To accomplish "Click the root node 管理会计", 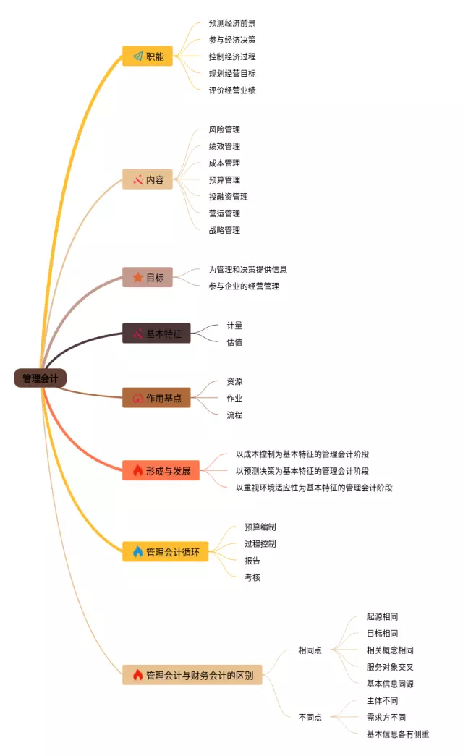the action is [x=41, y=378].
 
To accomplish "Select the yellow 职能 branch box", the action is [x=147, y=56].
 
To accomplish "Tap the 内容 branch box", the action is [x=147, y=179].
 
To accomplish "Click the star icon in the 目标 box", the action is [x=137, y=277].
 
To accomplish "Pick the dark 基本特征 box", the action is [x=156, y=334].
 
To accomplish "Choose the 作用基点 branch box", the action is [x=156, y=398].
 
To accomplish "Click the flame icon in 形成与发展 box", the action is [x=137, y=471].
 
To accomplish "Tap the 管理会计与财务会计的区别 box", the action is [x=192, y=675].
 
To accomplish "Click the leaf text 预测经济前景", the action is [x=232, y=23].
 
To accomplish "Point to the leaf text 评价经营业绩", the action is [x=232, y=90].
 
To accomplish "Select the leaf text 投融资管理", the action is [x=229, y=197].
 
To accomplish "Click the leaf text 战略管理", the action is [x=224, y=230].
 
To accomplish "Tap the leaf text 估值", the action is [x=234, y=342].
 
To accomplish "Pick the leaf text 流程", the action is [x=234, y=415].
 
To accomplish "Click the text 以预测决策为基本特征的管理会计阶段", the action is [x=302, y=471].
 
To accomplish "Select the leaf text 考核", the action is [x=252, y=577].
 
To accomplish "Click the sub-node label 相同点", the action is [x=310, y=650].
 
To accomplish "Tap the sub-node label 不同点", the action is [x=310, y=718].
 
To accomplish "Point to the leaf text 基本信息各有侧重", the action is [x=398, y=734].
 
